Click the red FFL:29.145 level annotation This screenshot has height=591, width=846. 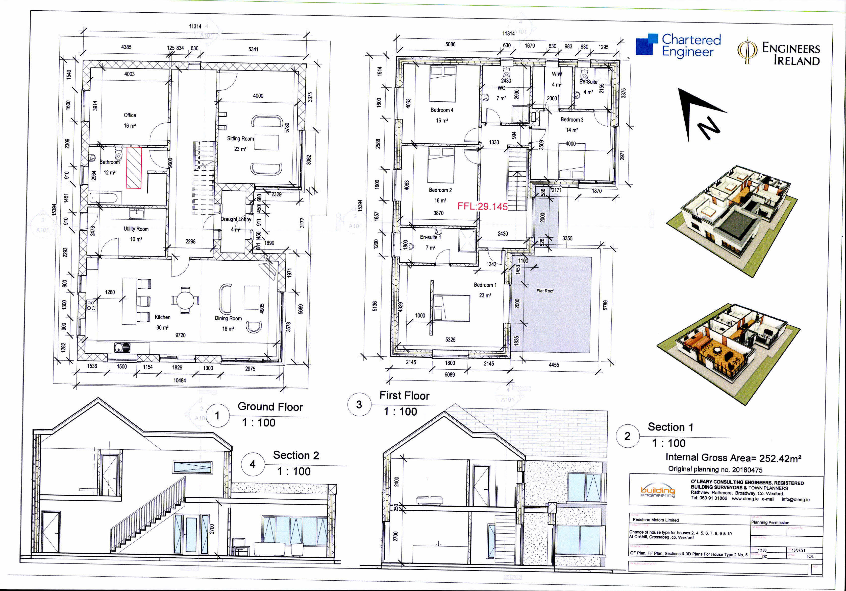click(482, 206)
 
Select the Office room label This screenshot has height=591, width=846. click(130, 115)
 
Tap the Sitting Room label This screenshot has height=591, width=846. click(240, 139)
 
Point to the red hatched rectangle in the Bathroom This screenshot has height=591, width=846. click(134, 168)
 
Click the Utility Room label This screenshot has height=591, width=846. click(136, 229)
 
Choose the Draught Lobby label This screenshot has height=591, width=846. click(236, 219)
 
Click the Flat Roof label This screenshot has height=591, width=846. click(545, 291)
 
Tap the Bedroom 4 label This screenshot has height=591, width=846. click(442, 110)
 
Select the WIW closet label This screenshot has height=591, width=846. click(557, 74)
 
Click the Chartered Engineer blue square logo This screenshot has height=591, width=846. click(647, 45)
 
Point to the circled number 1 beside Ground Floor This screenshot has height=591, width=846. click(217, 416)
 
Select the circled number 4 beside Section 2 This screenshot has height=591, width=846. click(252, 464)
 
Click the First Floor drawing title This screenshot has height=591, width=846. click(404, 396)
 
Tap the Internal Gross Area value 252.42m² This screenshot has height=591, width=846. click(780, 458)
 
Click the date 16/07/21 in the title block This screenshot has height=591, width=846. click(799, 550)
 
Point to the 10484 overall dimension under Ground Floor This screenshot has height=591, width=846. click(180, 380)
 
